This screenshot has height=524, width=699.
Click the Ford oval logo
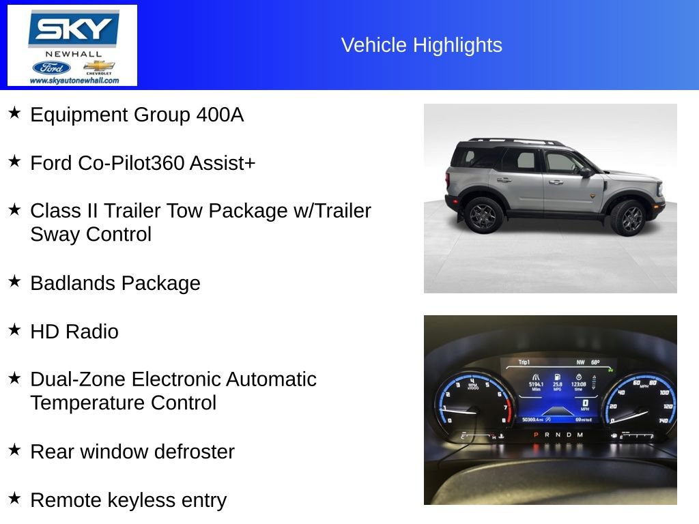pyautogui.click(x=51, y=68)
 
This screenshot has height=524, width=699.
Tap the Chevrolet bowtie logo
pyautogui.click(x=99, y=66)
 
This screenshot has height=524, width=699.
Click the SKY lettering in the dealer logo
pyautogui.click(x=73, y=30)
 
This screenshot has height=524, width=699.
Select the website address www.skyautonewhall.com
pyautogui.click(x=74, y=81)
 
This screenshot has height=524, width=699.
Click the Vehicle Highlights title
pyautogui.click(x=421, y=45)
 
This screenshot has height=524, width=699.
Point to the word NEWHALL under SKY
pyautogui.click(x=74, y=54)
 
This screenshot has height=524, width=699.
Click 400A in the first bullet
pyautogui.click(x=219, y=115)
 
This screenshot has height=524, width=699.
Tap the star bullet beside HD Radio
pyautogui.click(x=14, y=330)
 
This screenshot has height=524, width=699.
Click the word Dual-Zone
pyautogui.click(x=78, y=379)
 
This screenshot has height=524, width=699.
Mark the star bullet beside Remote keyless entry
pyautogui.click(x=14, y=499)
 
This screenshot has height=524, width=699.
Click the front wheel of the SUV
pyautogui.click(x=628, y=218)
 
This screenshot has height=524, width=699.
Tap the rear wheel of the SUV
pyautogui.click(x=485, y=215)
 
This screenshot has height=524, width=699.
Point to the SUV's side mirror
pyautogui.click(x=586, y=173)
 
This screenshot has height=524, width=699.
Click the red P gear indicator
pyautogui.click(x=536, y=435)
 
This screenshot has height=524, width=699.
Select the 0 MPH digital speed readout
pyautogui.click(x=584, y=403)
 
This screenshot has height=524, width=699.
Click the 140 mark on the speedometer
pyautogui.click(x=663, y=421)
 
